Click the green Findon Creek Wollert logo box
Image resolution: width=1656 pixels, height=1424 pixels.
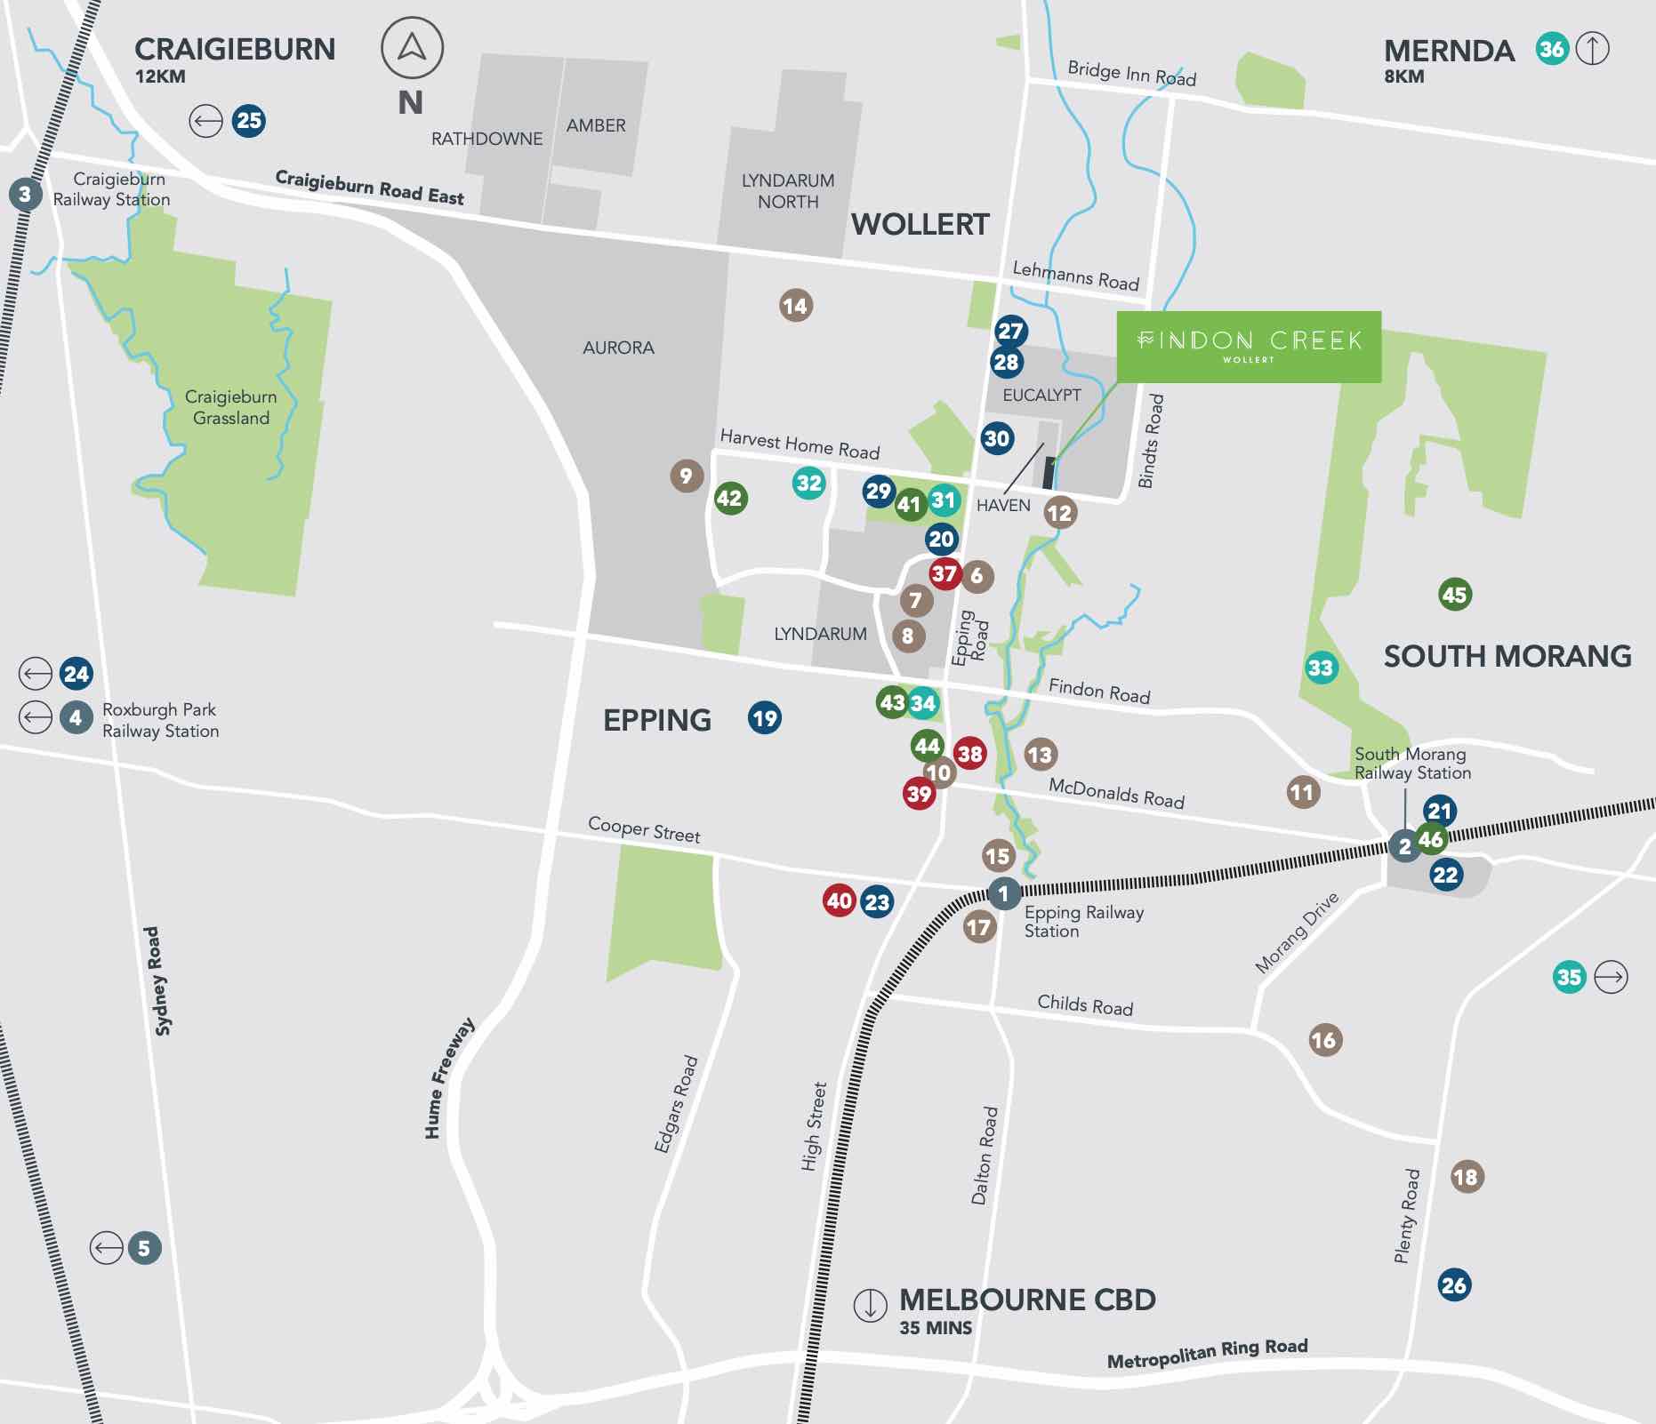point(1249,347)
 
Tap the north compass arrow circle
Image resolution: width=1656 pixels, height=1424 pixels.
point(412,48)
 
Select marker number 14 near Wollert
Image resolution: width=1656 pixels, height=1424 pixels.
point(795,306)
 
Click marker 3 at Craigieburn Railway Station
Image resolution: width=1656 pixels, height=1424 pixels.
point(25,194)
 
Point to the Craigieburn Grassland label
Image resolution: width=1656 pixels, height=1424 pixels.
point(231,407)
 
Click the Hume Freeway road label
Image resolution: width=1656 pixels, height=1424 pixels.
point(448,1077)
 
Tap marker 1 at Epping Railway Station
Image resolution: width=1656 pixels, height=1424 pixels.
point(1004,893)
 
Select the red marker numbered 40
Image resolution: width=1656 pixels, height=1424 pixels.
point(839,900)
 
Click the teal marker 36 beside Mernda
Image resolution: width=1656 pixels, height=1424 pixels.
point(1552,49)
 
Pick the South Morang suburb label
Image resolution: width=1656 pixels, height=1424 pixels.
point(1507,656)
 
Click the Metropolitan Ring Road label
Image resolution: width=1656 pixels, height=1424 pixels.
point(1207,1353)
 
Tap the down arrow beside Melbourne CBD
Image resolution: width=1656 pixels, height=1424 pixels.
point(870,1305)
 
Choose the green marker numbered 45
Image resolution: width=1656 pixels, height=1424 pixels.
point(1454,595)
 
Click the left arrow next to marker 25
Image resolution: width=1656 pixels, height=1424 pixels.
point(205,121)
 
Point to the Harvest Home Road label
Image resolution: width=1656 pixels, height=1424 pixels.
point(799,444)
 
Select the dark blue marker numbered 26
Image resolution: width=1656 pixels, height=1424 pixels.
point(1454,1284)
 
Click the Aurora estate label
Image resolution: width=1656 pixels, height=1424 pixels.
point(618,348)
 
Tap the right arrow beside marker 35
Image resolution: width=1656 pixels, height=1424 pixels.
point(1610,977)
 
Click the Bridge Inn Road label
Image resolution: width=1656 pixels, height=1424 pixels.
point(1131,73)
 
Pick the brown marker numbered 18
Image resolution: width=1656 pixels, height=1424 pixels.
point(1466,1177)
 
